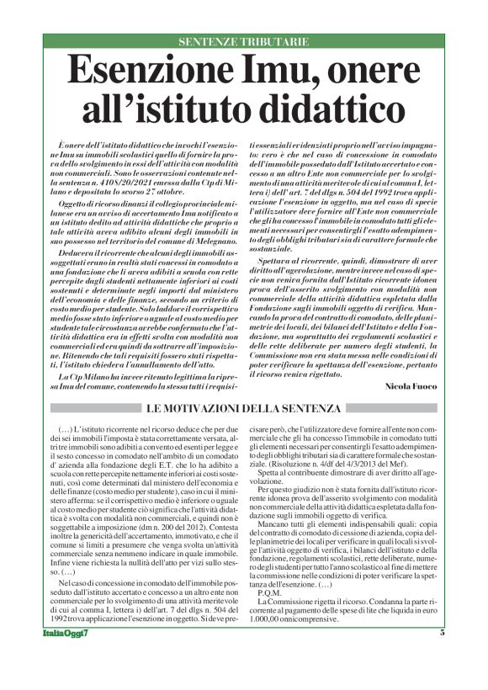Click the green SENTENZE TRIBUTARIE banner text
pyautogui.click(x=244, y=42)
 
